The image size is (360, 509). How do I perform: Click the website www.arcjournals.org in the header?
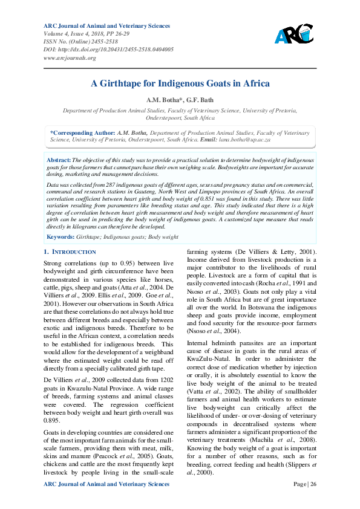pyautogui.click(x=70, y=57)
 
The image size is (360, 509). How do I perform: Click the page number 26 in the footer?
pyautogui.click(x=314, y=484)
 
